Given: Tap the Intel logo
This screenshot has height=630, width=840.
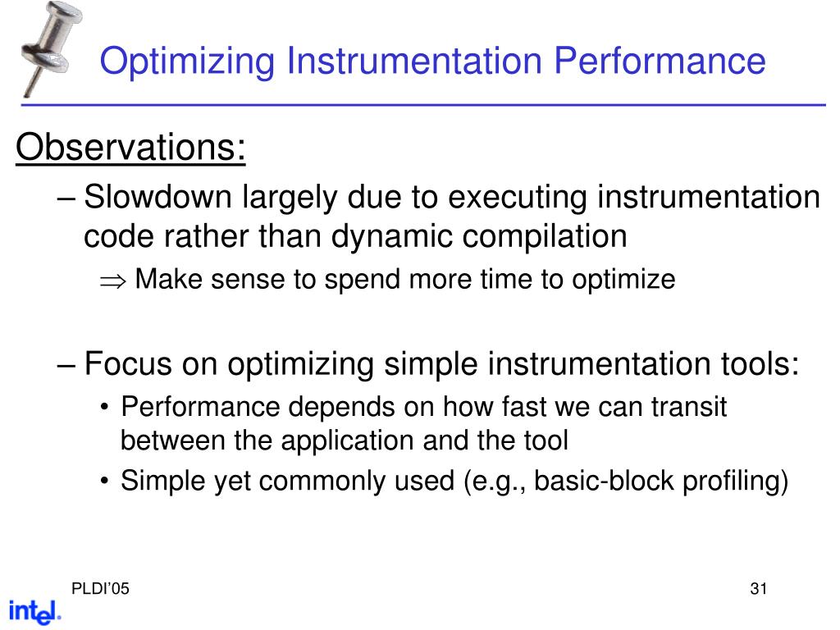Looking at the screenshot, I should (x=34, y=612).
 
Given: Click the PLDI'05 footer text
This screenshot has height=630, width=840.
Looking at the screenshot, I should (x=99, y=589).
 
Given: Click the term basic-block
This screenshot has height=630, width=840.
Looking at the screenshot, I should (x=605, y=482).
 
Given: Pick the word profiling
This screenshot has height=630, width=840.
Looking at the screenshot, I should (x=735, y=482).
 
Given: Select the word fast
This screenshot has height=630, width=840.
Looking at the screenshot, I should (x=528, y=407).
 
